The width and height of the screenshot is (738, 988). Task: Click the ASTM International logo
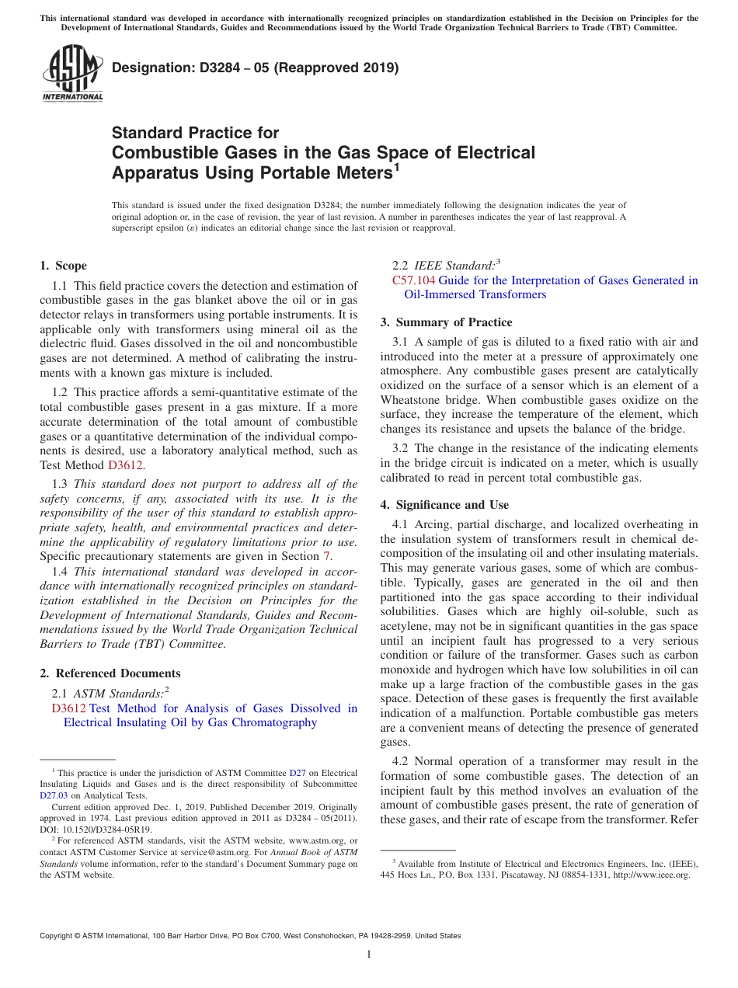72,74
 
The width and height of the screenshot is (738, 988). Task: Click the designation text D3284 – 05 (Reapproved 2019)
255,68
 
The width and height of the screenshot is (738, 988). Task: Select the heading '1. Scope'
64,266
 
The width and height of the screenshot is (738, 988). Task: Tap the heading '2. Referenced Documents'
110,673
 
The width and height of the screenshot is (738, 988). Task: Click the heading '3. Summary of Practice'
446,322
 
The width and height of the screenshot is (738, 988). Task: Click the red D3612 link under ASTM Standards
68,708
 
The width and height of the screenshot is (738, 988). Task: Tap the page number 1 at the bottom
369,954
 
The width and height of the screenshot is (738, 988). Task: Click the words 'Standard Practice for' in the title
195,133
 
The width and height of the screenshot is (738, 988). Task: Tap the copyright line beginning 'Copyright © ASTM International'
249,936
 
